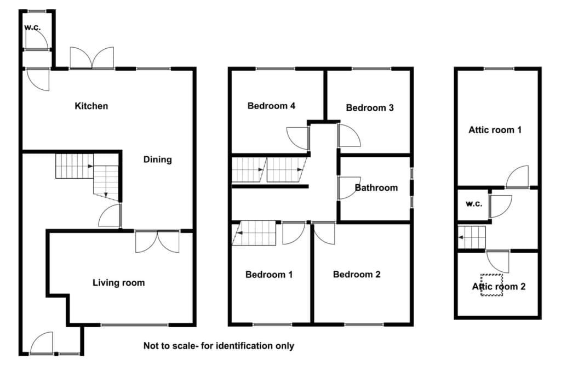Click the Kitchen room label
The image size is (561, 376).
coord(91,106)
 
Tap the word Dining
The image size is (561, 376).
coord(157,159)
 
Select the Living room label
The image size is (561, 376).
coord(119,283)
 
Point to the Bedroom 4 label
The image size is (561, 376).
coord(272,106)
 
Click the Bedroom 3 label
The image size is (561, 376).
coord(370,108)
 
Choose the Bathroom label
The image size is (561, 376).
coord(376,187)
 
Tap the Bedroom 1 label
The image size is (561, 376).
coord(269,275)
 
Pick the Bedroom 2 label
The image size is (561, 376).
coord(357,275)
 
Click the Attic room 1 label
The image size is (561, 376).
coord(495,130)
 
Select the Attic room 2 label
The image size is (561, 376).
coord(499,287)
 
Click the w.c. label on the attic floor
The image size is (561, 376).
coord(474,204)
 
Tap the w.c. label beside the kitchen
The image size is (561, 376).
coord(32,27)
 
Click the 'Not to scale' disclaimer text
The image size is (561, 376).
coord(219,346)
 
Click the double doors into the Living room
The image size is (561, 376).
coord(157,242)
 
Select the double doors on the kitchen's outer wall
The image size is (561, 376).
coord(92,58)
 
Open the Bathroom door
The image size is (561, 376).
coord(350,187)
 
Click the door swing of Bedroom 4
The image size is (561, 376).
coord(297,138)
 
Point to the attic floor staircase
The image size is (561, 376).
coord(472,237)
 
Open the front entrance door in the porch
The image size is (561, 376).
coord(42,344)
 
